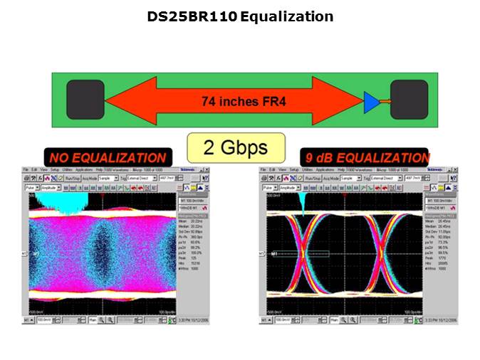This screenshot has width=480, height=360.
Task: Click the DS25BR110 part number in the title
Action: (192, 16)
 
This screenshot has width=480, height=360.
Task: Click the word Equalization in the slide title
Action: (287, 16)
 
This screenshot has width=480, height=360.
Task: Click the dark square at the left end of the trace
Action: (85, 100)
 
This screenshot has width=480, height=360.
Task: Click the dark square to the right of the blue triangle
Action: (408, 99)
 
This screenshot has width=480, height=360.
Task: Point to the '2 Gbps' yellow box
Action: (236, 147)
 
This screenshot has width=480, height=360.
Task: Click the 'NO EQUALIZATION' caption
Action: (107, 157)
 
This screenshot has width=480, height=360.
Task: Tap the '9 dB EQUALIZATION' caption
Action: (365, 157)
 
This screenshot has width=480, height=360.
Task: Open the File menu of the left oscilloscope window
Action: (26, 170)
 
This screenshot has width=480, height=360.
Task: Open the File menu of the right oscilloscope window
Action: (263, 170)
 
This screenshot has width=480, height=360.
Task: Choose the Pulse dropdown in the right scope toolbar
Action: (271, 187)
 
